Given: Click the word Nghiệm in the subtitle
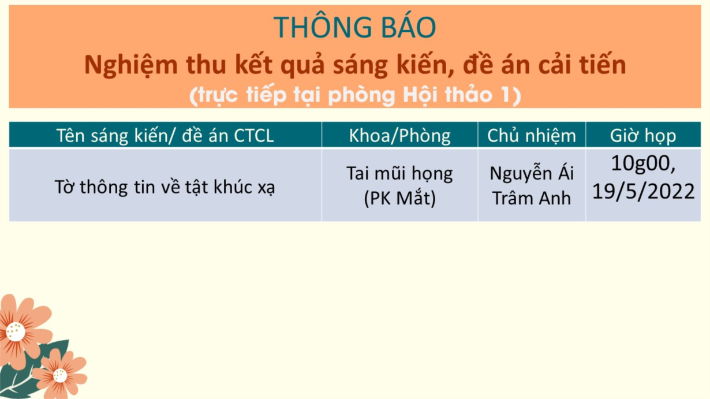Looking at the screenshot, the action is [131, 66].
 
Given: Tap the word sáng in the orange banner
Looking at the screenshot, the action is [360, 66].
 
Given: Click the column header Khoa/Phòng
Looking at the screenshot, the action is [399, 136].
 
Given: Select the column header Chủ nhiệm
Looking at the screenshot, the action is [532, 136].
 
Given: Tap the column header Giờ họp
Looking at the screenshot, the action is [643, 136].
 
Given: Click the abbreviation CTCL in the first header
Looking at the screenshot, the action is [254, 136].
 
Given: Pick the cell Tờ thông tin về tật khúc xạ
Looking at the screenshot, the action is [165, 187].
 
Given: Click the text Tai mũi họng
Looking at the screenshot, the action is [399, 174].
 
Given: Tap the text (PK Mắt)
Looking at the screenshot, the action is [399, 198].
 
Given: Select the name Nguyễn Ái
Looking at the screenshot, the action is [532, 173].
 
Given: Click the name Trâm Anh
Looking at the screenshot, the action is [532, 198].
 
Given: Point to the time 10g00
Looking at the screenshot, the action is [644, 163].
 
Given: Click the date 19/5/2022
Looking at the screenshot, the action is [644, 191].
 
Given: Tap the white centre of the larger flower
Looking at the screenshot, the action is [15, 332].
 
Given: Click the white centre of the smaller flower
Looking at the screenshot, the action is [60, 376].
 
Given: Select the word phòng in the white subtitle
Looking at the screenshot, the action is [362, 95].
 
